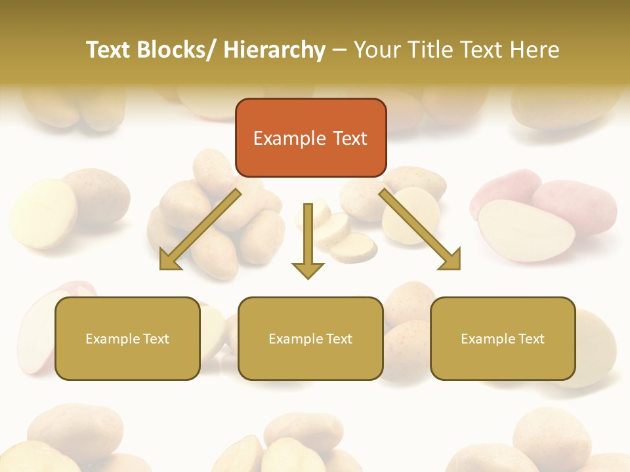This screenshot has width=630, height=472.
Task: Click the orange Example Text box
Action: coord(310,138)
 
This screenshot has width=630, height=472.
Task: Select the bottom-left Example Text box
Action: coord(127,338)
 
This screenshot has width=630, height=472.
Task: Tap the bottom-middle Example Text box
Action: coord(310,338)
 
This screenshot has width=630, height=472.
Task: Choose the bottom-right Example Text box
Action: coord(503,338)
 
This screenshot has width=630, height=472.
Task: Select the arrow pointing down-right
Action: coord(420,229)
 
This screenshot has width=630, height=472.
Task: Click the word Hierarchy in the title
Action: coord(274,50)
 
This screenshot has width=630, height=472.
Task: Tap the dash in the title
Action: coord(340,50)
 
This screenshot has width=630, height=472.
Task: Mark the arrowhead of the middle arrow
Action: coord(308,269)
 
